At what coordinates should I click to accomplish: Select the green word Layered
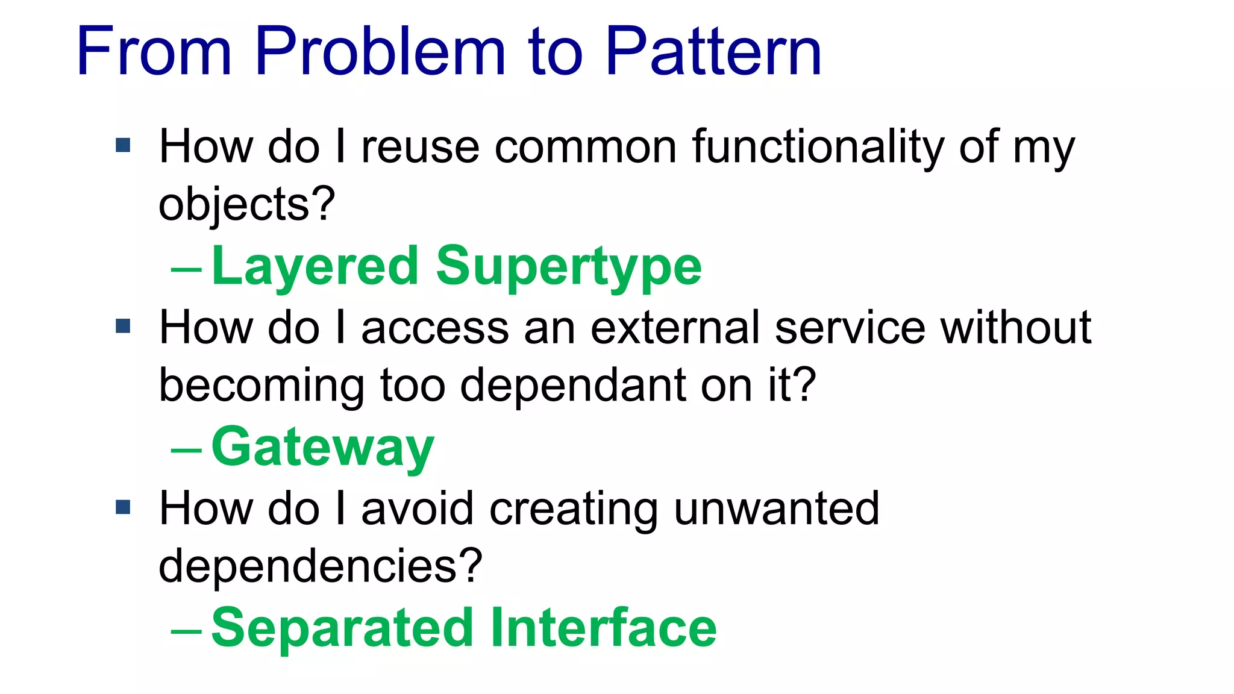(x=315, y=267)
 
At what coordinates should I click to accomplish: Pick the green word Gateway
(x=322, y=448)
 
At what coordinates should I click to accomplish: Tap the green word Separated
(x=342, y=628)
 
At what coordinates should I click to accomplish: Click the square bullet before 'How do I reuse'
(x=123, y=145)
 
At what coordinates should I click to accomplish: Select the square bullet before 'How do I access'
(x=123, y=326)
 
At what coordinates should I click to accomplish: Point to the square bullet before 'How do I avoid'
(x=123, y=507)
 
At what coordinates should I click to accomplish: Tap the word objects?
(x=246, y=205)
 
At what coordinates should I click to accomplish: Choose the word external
(x=675, y=328)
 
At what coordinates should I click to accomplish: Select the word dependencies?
(x=320, y=566)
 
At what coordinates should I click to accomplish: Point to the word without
(x=1016, y=328)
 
